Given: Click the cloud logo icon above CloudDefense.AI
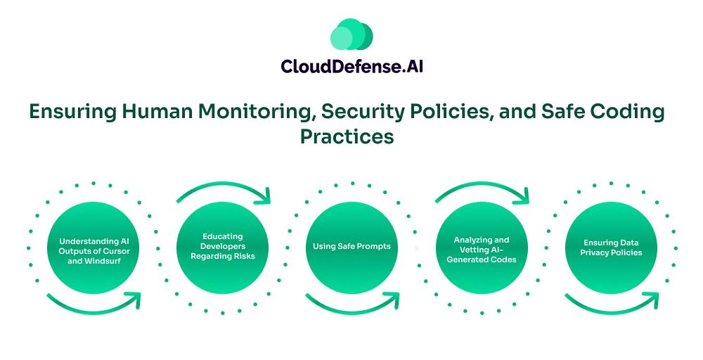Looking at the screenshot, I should tap(351, 34).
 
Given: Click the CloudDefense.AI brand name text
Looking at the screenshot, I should tap(351, 66).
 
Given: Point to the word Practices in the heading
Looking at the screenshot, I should tap(347, 136).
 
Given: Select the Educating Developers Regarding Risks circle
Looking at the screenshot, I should tap(222, 247).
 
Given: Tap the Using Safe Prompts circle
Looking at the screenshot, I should tap(351, 247).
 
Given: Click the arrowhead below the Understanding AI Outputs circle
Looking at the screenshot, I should tap(134, 300).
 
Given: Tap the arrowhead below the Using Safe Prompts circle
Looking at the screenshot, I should tap(392, 300).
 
